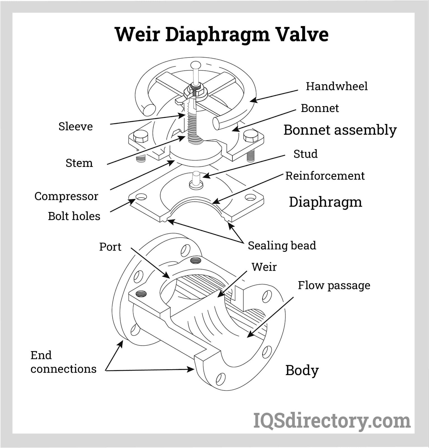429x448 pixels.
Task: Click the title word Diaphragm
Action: pos(217,35)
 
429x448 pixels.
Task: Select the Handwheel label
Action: pos(337,86)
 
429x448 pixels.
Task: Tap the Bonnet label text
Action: pos(320,108)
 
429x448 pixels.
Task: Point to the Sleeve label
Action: pos(75,126)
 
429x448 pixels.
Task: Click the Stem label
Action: pos(79,163)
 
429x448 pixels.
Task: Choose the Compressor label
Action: pos(66,196)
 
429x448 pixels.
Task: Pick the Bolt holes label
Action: pos(74,216)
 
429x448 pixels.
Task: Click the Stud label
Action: pos(305,154)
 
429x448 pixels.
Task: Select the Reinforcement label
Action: pos(325,176)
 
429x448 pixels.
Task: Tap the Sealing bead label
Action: pos(282,246)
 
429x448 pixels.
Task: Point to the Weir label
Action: pos(264,267)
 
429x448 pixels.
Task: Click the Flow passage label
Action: pos(334,285)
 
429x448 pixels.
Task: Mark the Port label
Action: pos(110,247)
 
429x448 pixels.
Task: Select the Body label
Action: pos(302,370)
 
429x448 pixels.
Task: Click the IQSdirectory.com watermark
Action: pos(332,421)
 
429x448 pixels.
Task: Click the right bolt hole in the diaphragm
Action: pos(250,197)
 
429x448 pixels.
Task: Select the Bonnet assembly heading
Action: pos(340,130)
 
